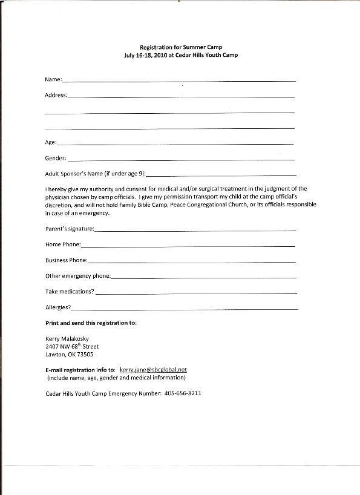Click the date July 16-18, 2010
pos(146,55)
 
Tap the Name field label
pos(53,79)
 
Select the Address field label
pos(56,95)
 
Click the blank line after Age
pos(175,143)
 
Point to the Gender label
pos(56,159)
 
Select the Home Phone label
pos(62,244)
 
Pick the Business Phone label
pos(66,260)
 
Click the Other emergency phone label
pos(77,276)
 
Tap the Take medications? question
pos(70,292)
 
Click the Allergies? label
pos(58,307)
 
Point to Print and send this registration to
pos(91,323)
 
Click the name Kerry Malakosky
pos(68,339)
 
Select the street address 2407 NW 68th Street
pos(72,347)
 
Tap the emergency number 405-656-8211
pos(182,393)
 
